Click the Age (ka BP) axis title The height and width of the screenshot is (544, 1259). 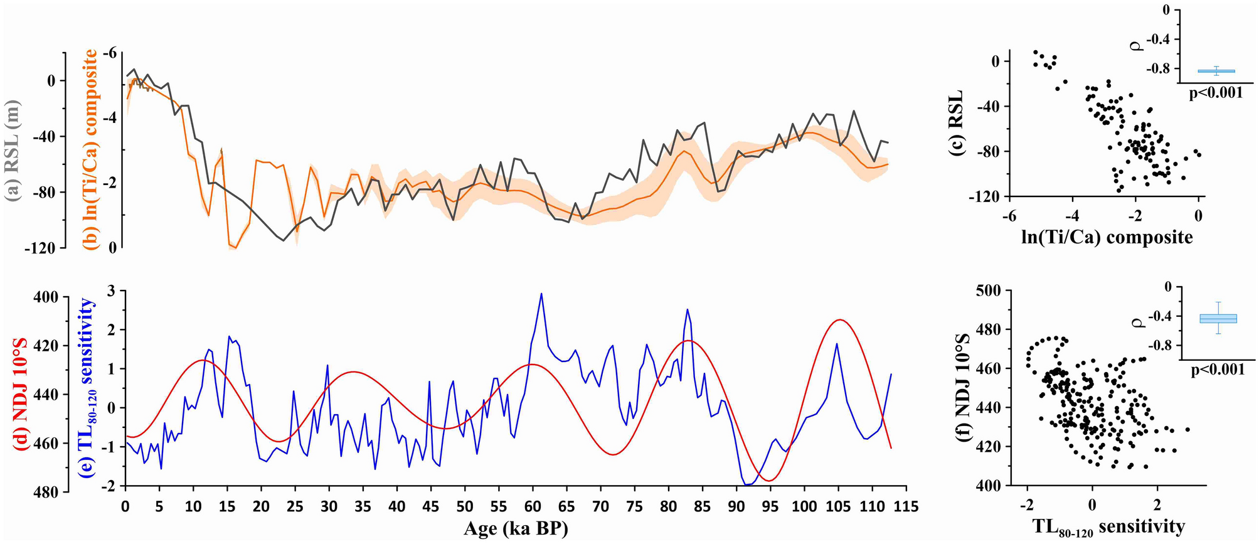pos(516,528)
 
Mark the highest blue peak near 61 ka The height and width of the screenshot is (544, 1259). pos(541,294)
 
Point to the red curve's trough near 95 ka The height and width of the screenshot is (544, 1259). pos(769,481)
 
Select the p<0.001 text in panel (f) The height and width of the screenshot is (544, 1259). pos(1218,370)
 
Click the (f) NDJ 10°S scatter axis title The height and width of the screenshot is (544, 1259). pos(962,388)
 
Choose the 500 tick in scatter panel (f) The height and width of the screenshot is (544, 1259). pos(990,291)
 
